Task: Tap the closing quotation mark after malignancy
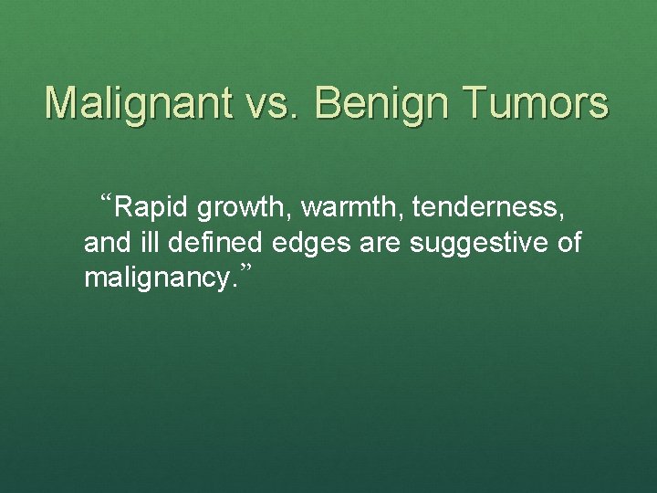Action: tap(244, 268)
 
